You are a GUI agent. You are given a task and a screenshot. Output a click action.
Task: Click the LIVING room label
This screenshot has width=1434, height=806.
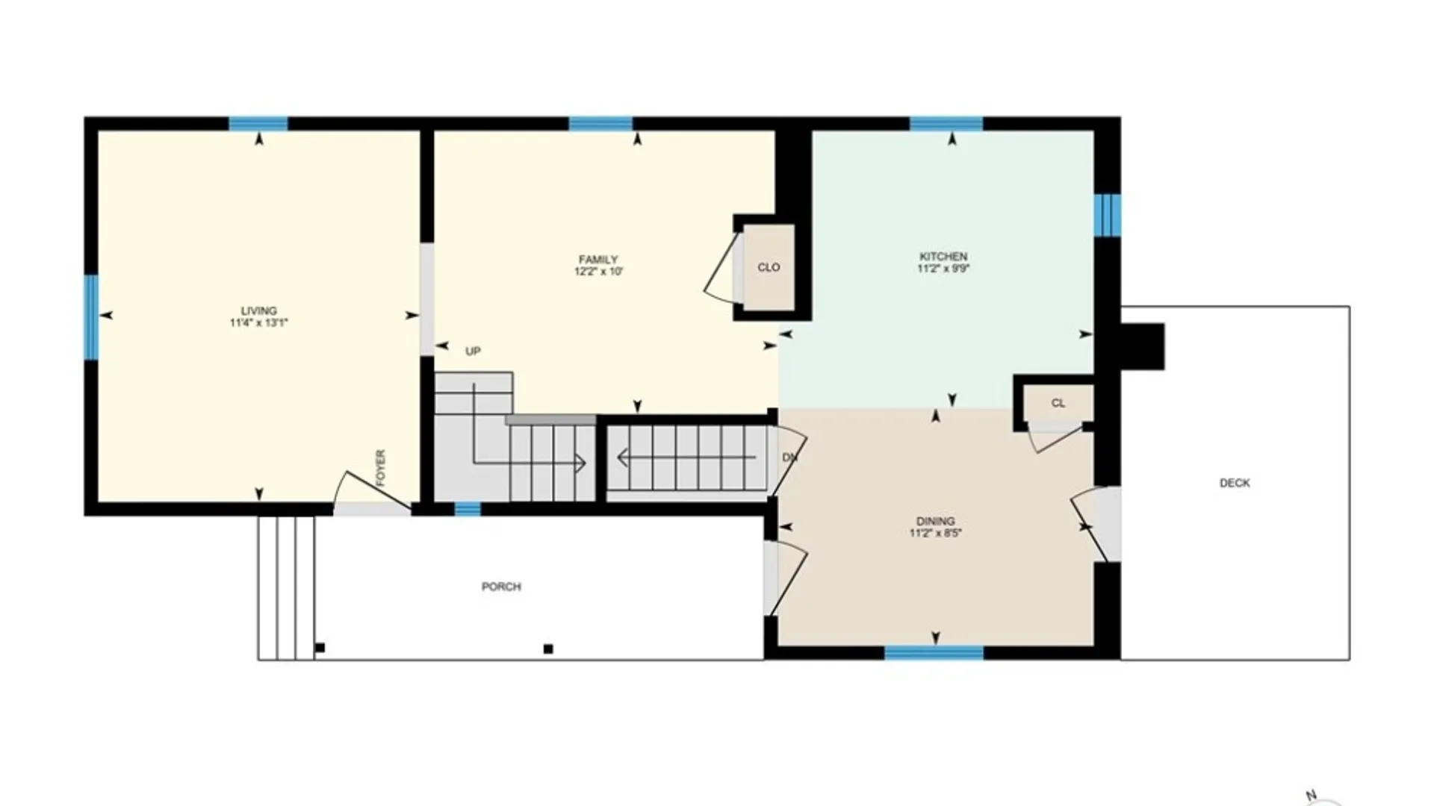[258, 310]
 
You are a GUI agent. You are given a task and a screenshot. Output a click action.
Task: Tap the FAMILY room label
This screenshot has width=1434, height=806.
[598, 260]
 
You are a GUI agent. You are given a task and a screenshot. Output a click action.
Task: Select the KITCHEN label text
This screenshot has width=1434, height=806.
[943, 256]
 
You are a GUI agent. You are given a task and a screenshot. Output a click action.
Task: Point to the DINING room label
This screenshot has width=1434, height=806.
[935, 521]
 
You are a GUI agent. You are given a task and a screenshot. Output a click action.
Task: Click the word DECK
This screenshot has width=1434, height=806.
[1235, 483]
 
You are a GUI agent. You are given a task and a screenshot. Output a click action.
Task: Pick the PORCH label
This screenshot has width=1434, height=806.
[501, 587]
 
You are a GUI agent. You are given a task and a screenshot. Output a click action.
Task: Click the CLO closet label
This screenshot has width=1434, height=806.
[769, 267]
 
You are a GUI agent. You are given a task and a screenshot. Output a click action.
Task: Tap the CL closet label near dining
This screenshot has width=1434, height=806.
[1058, 403]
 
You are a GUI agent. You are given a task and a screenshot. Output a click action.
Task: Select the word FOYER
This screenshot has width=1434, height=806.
[380, 468]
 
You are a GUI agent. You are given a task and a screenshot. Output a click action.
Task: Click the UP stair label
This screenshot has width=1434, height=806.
[473, 352]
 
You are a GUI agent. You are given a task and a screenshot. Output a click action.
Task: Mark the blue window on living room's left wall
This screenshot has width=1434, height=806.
[91, 317]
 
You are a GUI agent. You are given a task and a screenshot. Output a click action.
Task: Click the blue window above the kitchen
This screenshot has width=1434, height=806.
[946, 124]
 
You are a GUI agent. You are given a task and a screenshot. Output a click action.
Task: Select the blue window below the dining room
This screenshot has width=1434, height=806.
[934, 653]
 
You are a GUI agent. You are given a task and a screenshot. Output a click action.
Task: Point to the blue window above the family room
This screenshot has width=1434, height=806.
[600, 124]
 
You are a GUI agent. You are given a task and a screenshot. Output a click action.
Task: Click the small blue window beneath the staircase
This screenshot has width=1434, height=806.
[468, 510]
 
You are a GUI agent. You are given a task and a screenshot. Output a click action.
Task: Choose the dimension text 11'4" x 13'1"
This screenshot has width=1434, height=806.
[258, 323]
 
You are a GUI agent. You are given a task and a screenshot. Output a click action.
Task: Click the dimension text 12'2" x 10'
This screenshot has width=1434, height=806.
[598, 272]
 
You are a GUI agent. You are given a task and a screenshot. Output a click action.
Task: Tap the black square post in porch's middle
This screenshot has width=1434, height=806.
[548, 649]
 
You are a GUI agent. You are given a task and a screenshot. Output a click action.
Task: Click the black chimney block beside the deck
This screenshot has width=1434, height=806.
[1143, 346]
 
